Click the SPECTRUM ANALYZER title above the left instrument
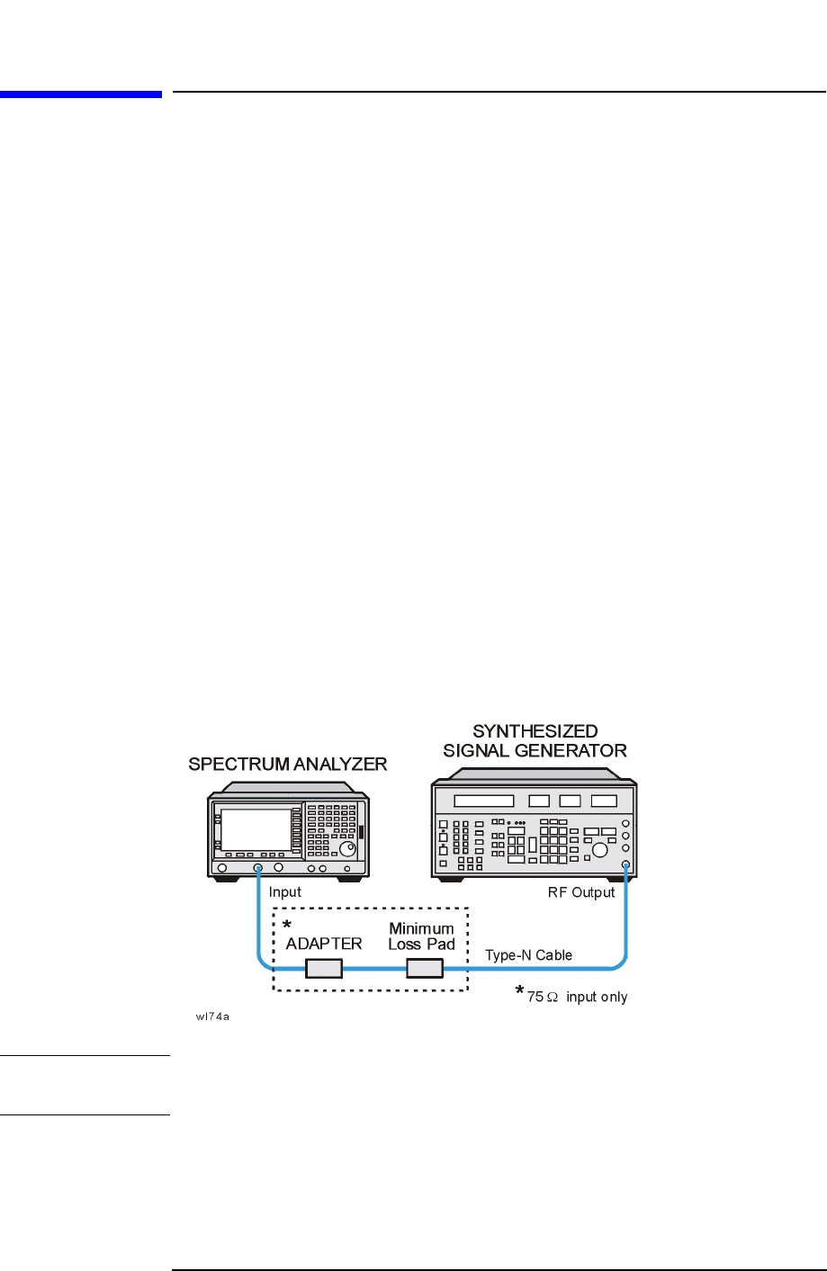(x=287, y=765)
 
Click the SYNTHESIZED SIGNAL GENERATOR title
(x=535, y=741)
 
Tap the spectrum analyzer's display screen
(x=256, y=829)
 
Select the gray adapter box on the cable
(x=324, y=968)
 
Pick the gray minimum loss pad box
(x=425, y=968)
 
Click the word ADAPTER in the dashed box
(x=324, y=944)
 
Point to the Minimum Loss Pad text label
(x=421, y=936)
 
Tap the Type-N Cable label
(x=528, y=955)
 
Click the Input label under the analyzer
(x=285, y=892)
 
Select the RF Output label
(x=581, y=892)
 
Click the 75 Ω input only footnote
(x=577, y=997)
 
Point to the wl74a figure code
(x=213, y=1017)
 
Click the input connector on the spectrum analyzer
(x=257, y=868)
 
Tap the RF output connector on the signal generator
(x=625, y=864)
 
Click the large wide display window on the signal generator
(x=484, y=801)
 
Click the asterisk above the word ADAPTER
(x=287, y=926)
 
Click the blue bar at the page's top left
(x=81, y=94)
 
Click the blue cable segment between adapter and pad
(x=374, y=969)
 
